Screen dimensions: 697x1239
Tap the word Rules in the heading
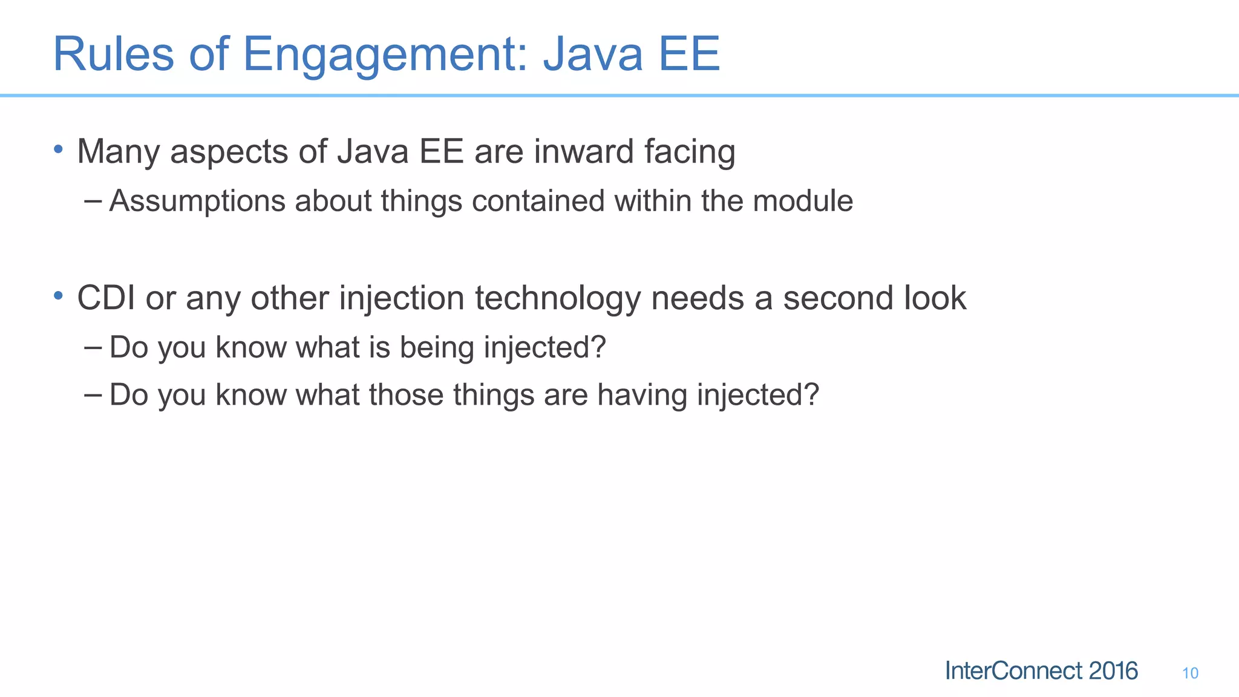(x=114, y=54)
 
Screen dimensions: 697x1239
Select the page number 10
(x=1189, y=673)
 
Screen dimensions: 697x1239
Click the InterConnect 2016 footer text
(x=1041, y=671)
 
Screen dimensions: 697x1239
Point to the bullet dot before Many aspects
(x=58, y=149)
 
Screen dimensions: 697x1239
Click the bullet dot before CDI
(x=58, y=295)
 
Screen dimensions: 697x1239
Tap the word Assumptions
(x=197, y=201)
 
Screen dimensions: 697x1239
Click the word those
(x=406, y=395)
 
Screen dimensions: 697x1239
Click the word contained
(x=538, y=201)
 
